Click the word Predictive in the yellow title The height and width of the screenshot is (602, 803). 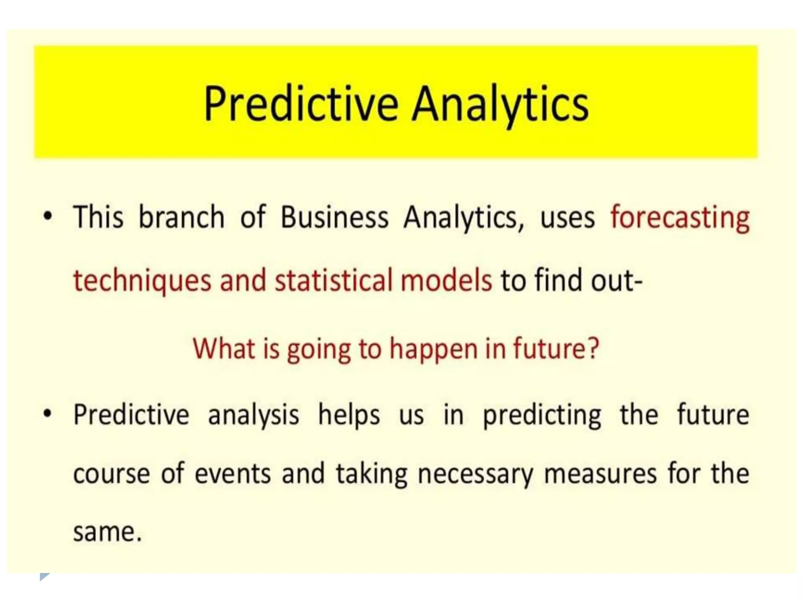point(301,104)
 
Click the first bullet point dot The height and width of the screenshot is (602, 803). point(47,216)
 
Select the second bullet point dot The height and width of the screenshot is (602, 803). point(47,414)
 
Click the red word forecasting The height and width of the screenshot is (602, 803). point(680,218)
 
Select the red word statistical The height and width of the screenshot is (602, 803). point(333,281)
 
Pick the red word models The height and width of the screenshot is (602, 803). point(446,281)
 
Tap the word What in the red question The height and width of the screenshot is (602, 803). point(224,348)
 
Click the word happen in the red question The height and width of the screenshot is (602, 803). point(433,349)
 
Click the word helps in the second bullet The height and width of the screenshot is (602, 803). point(349,415)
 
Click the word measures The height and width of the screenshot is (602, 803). point(600,474)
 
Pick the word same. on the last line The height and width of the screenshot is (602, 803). point(107,533)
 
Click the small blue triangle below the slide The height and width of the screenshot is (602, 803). point(44,577)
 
